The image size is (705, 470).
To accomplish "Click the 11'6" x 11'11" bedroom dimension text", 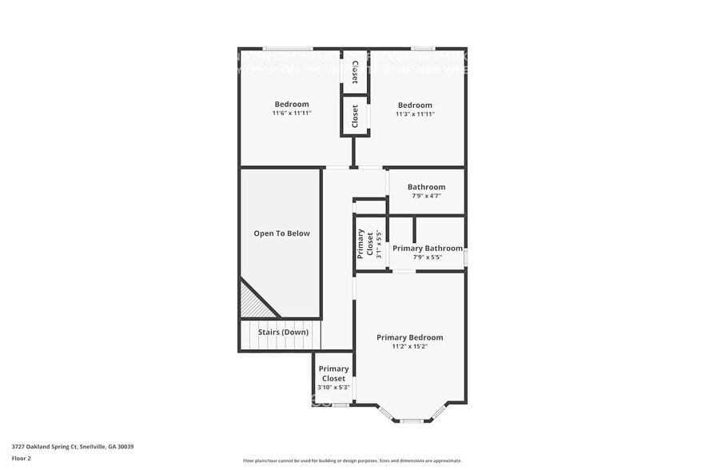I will pos(291,114).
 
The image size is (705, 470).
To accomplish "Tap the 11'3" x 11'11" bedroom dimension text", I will pos(415,114).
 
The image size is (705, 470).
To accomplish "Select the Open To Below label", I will pos(281,233).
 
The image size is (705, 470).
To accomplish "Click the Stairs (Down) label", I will pos(283,332).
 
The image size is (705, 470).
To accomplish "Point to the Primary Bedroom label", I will pos(409,337).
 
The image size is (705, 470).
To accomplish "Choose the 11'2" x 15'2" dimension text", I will pos(409,347).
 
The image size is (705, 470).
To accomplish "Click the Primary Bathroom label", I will pos(427,249).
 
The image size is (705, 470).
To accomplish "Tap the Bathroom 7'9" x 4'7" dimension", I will pos(426,196).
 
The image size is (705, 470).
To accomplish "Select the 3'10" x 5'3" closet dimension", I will pos(333,387).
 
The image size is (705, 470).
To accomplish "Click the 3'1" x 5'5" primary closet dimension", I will pos(379,243).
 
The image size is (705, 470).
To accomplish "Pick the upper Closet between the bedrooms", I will pos(354,72).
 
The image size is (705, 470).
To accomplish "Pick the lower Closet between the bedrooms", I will pos(355,117).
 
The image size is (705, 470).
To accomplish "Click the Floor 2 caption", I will pos(22,459).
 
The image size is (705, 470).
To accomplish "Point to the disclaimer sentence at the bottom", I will pos(352,461).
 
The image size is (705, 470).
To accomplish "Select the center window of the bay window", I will pos(412,420).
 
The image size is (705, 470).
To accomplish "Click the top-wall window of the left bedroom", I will pos(288,48).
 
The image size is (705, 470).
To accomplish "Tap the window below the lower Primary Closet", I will pos(341,405).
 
